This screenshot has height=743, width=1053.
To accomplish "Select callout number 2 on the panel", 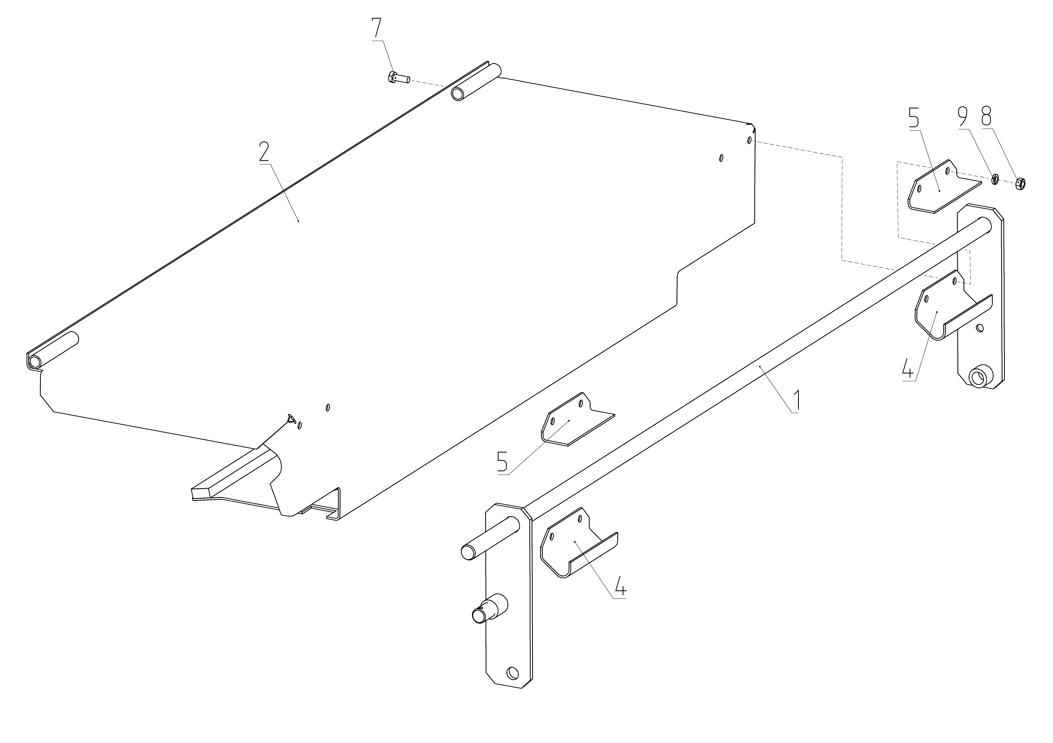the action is (x=265, y=152).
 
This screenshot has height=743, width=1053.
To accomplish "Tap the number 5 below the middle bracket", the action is (x=503, y=462).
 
